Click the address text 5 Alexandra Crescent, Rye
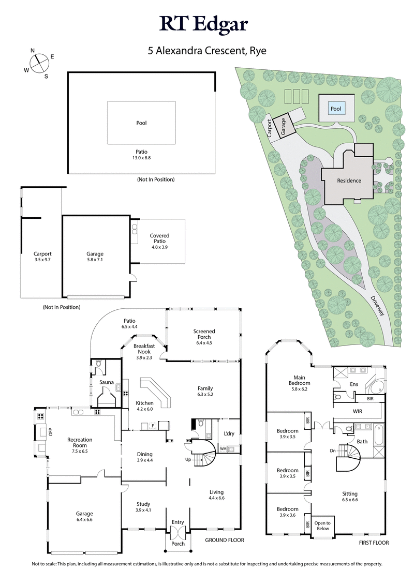206,51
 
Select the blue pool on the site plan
336,109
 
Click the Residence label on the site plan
349,181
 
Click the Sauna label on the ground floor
107,382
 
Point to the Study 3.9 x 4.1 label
143,506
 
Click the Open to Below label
322,526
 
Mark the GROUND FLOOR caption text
225,540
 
